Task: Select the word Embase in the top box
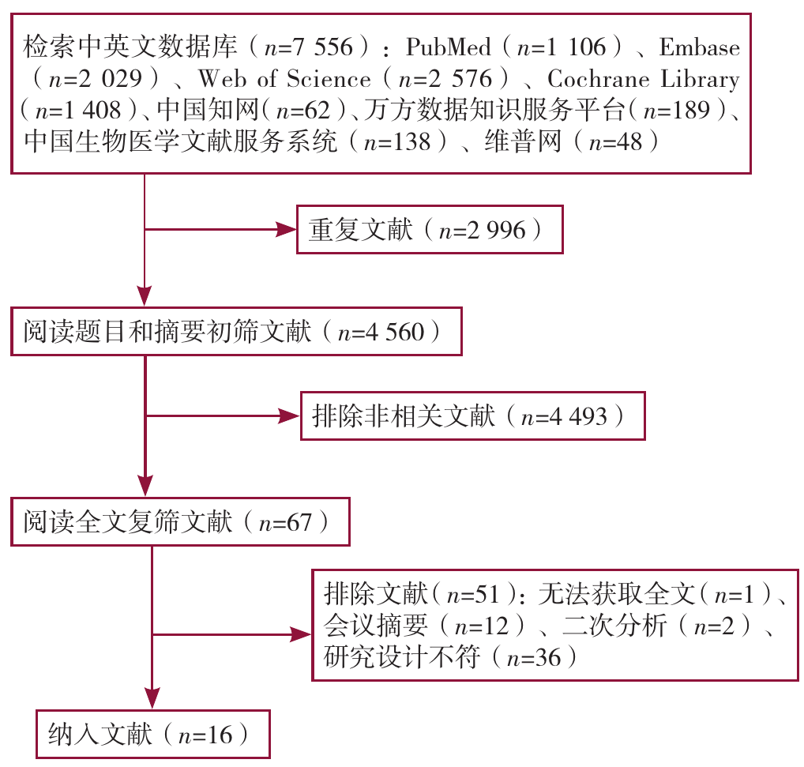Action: click(x=699, y=47)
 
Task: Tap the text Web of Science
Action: click(x=284, y=79)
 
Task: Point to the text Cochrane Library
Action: click(x=643, y=79)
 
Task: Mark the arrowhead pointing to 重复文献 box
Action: click(x=284, y=230)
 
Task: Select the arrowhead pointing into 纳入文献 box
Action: click(x=149, y=698)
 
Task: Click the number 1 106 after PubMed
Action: click(x=581, y=47)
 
